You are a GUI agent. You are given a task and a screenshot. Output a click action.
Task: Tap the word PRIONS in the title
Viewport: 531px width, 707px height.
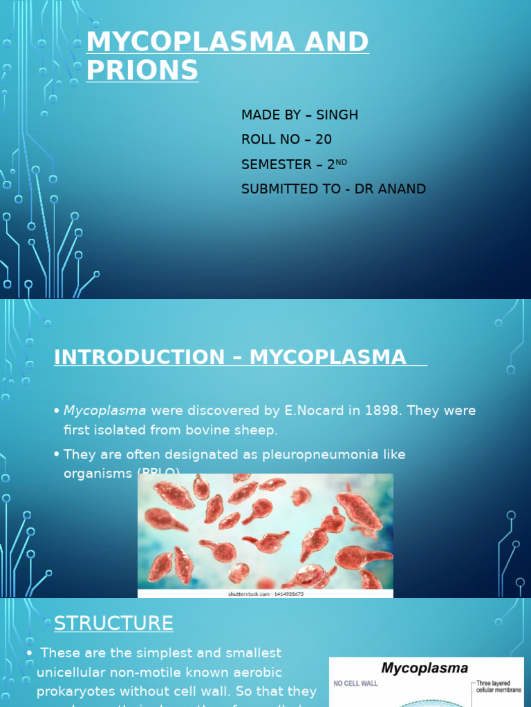(x=142, y=70)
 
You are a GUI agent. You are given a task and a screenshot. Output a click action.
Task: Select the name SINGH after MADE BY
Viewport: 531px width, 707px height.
(x=337, y=115)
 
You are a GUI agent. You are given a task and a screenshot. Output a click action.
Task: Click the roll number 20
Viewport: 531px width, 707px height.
(x=324, y=139)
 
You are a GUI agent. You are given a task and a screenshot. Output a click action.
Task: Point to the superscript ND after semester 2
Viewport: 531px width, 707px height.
(x=342, y=162)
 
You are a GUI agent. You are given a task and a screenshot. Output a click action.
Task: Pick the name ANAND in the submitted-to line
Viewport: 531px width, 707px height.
(x=401, y=188)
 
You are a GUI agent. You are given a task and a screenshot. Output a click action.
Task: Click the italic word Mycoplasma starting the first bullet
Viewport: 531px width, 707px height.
(x=105, y=411)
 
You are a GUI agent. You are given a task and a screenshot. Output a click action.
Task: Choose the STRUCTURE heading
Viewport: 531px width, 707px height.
(x=113, y=623)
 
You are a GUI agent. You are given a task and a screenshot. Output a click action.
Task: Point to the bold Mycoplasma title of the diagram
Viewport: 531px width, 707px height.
(x=425, y=668)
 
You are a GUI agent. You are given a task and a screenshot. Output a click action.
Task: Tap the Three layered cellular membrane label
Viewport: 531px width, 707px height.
(x=499, y=687)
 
